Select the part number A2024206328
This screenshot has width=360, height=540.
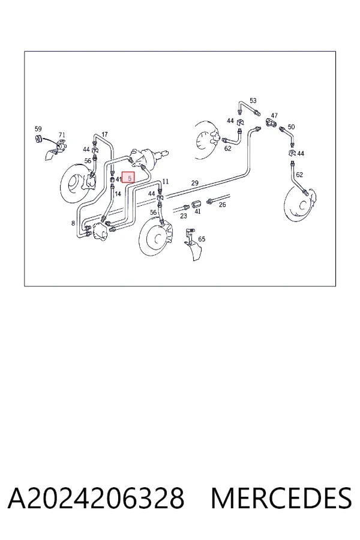click(96, 498)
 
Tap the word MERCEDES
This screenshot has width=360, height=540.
click(281, 498)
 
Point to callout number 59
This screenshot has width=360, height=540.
click(38, 129)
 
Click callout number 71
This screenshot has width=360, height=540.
click(62, 134)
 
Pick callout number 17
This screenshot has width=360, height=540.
click(104, 134)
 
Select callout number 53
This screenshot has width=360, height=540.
click(253, 101)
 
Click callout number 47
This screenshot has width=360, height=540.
click(274, 115)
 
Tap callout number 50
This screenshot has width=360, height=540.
click(291, 127)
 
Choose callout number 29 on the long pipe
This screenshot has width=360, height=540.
click(194, 183)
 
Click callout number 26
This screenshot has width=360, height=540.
click(222, 205)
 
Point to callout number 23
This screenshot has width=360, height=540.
click(183, 216)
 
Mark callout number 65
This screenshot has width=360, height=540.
click(202, 239)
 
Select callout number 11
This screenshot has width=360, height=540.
click(166, 181)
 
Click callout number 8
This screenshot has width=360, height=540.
click(73, 223)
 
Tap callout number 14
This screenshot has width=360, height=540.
click(118, 194)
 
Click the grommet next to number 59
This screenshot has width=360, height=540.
click(38, 139)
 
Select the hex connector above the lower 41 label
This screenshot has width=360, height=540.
click(196, 203)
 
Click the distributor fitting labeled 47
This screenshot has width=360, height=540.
click(271, 122)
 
